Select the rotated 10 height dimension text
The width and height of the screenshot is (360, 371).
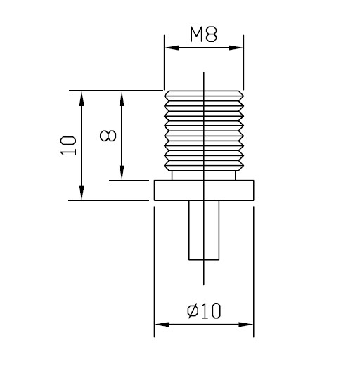tap(68, 145)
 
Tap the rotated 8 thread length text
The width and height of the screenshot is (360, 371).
tap(108, 134)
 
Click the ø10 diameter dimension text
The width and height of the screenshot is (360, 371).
tap(205, 311)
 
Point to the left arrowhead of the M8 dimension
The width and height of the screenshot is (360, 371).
tap(169, 48)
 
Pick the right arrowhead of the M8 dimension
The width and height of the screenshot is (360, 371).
tap(239, 48)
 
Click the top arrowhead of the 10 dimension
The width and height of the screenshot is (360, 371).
tap(82, 96)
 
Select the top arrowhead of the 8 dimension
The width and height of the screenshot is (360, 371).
tap(122, 96)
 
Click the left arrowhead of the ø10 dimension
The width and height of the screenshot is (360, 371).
tap(159, 325)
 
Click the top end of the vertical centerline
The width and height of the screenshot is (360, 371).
tap(204, 73)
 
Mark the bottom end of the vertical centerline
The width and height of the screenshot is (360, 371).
tap(204, 285)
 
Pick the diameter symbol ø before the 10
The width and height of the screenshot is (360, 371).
tap(193, 311)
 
